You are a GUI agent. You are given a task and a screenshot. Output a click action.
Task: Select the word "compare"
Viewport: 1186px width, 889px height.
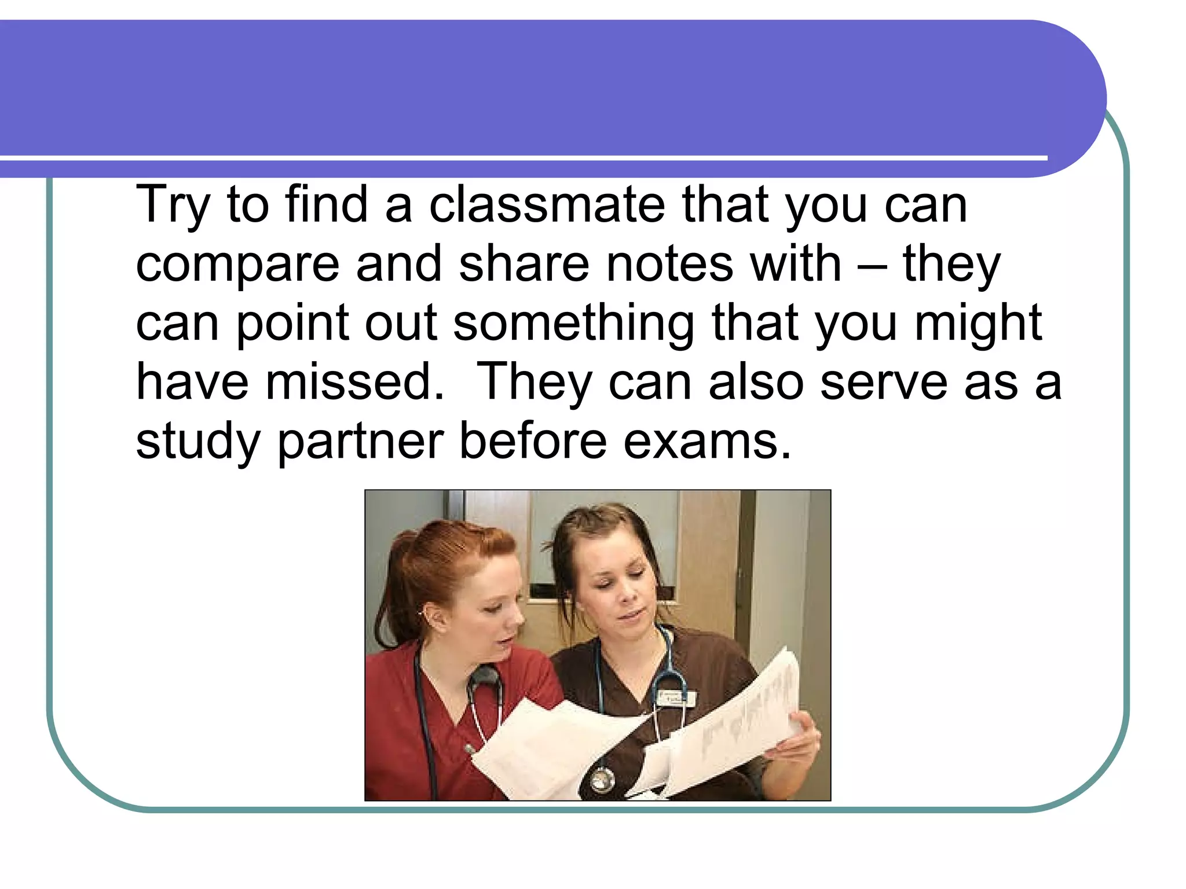pos(237,264)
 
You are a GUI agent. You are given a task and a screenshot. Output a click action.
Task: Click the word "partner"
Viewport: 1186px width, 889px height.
pos(360,442)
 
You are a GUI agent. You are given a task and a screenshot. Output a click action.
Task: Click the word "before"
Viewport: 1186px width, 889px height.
pos(533,442)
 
